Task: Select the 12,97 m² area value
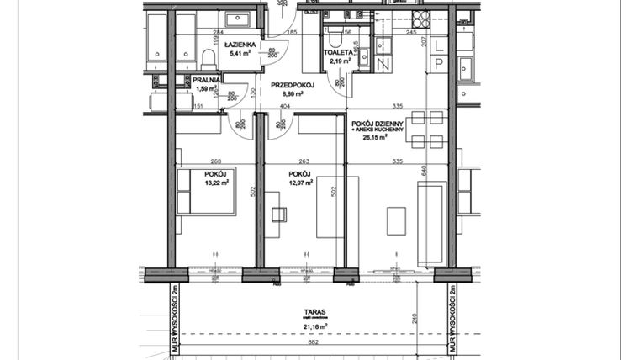(x=299, y=182)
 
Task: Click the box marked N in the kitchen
(x=383, y=65)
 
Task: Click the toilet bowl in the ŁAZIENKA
(x=208, y=57)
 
